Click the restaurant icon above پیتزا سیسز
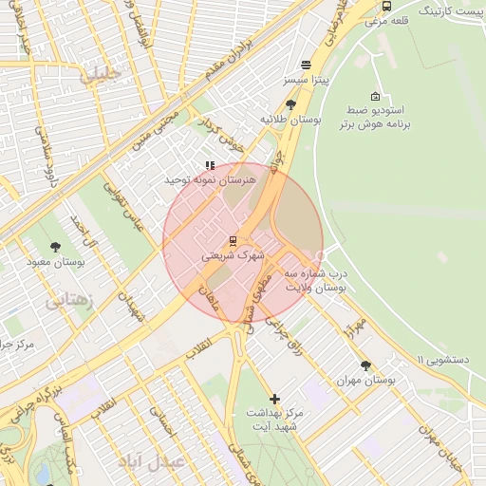tap(306, 65)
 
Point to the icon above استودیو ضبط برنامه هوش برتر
tap(375, 97)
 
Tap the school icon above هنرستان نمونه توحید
tap(210, 165)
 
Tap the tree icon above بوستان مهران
tap(366, 364)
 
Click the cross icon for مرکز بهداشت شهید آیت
tap(275, 399)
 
